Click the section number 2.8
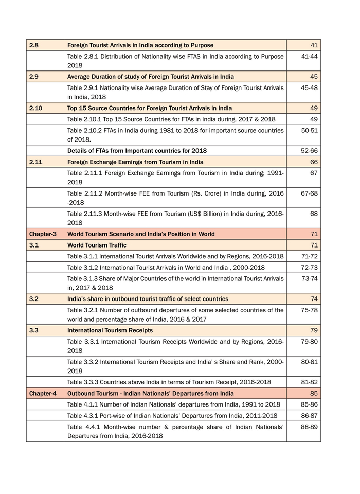34,45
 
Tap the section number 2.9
34,77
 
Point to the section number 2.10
35,108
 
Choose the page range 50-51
309,130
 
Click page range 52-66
309,151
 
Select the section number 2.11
35,162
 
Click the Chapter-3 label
43,234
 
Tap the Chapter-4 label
43,394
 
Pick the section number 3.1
34,245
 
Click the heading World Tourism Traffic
97,245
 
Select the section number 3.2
34,299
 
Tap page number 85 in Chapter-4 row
314,394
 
